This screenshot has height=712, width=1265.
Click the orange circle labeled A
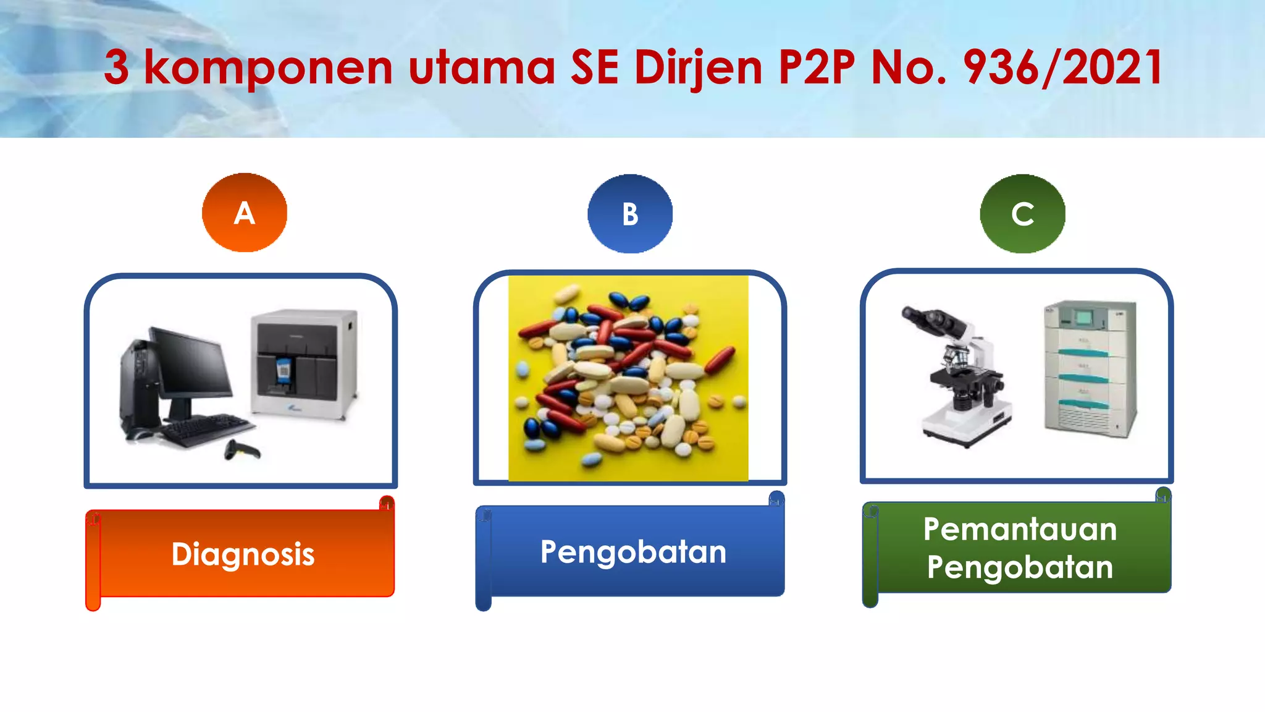click(245, 213)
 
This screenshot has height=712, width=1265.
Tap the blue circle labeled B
click(629, 214)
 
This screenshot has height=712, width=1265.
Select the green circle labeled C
click(1022, 214)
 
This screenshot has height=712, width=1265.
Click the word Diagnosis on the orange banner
click(243, 554)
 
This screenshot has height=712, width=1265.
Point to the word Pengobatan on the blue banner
click(633, 551)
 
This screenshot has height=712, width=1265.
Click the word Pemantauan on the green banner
click(1020, 530)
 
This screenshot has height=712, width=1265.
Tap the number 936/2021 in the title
click(1062, 67)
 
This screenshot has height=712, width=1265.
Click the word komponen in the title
click(268, 69)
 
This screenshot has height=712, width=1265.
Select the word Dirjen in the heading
click(698, 67)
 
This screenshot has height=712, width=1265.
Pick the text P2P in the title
click(817, 67)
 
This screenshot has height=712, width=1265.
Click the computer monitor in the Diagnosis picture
click(191, 365)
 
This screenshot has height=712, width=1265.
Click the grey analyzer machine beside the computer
click(304, 365)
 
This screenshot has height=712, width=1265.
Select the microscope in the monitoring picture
click(961, 377)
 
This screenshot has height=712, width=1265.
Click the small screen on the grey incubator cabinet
click(1084, 318)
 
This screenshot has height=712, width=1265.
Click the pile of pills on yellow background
click(628, 378)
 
